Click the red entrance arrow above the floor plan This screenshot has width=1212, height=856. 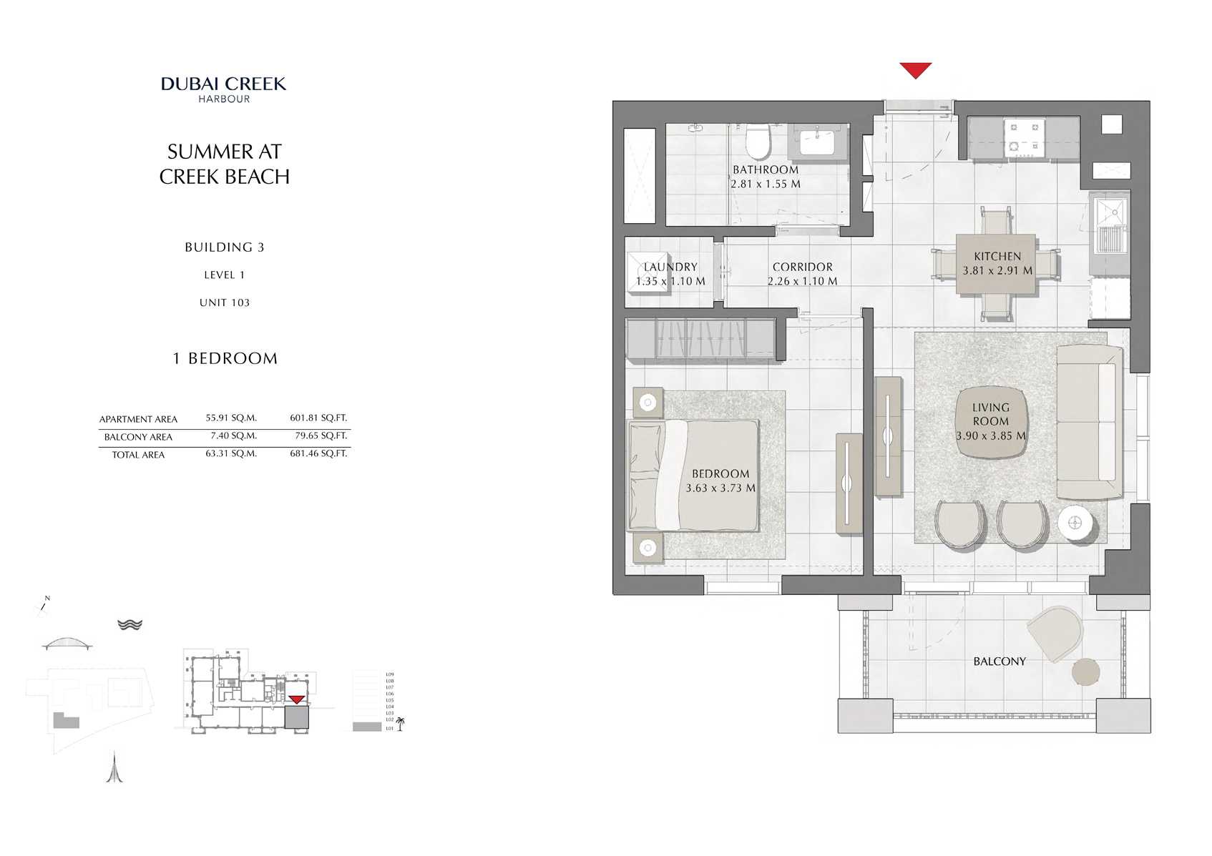click(915, 70)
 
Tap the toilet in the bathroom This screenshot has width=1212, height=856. click(757, 142)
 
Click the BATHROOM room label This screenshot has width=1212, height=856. click(765, 169)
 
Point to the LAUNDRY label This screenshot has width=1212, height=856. click(670, 267)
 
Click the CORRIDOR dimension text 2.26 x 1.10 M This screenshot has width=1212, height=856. click(802, 281)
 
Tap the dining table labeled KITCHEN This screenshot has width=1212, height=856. click(997, 264)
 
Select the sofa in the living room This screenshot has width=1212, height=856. click(1089, 422)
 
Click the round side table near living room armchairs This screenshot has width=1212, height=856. click(1076, 525)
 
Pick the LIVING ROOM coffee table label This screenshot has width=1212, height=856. click(990, 420)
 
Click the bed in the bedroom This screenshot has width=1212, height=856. click(693, 475)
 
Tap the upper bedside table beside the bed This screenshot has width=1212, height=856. click(647, 403)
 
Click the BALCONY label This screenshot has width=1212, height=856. click(999, 661)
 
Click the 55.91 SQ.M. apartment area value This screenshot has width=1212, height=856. click(230, 418)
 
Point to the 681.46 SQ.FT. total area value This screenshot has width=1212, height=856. click(318, 453)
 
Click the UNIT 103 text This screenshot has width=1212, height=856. click(224, 302)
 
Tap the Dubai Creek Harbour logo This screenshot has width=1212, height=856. click(223, 89)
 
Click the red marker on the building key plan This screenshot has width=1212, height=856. click(296, 699)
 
